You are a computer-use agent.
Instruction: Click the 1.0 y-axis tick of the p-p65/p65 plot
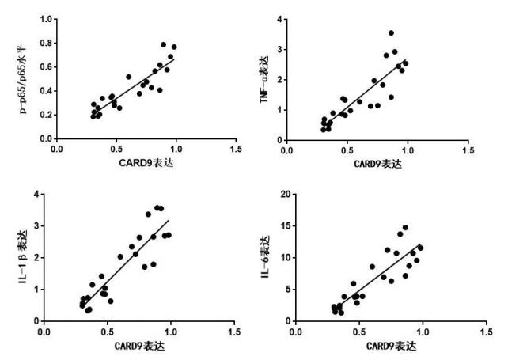point(46,18)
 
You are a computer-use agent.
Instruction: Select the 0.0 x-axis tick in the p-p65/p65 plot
point(57,149)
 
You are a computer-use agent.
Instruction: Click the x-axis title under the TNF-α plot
point(377,164)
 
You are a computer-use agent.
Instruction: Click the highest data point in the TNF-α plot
point(391,33)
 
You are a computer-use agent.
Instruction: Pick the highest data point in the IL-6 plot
point(405,227)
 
